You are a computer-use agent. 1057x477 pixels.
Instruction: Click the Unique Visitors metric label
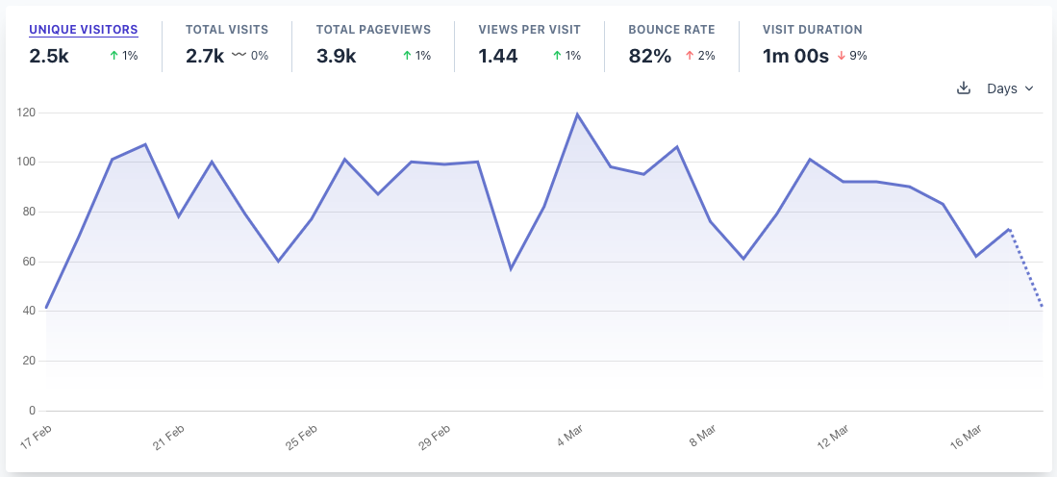click(x=83, y=30)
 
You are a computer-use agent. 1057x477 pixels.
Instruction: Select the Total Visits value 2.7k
click(x=205, y=56)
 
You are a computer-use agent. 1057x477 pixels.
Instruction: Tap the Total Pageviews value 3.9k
click(x=337, y=56)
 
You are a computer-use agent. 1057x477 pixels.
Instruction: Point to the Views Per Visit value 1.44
click(x=498, y=56)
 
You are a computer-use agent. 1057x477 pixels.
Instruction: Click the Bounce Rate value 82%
click(x=649, y=56)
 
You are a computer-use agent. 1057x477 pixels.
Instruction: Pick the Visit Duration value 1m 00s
click(x=795, y=56)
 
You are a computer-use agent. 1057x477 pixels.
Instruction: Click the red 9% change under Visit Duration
click(x=852, y=56)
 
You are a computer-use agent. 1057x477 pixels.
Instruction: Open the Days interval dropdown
click(x=1010, y=88)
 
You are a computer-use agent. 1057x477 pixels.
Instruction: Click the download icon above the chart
click(x=964, y=88)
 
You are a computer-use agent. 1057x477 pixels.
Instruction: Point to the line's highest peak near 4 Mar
click(x=577, y=114)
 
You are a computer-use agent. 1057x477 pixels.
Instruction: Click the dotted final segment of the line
click(x=1026, y=269)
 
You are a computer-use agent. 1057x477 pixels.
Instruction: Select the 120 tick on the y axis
click(x=26, y=113)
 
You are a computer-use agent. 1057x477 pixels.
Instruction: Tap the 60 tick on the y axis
click(x=29, y=262)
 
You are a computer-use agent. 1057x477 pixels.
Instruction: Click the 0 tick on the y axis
click(x=32, y=411)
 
